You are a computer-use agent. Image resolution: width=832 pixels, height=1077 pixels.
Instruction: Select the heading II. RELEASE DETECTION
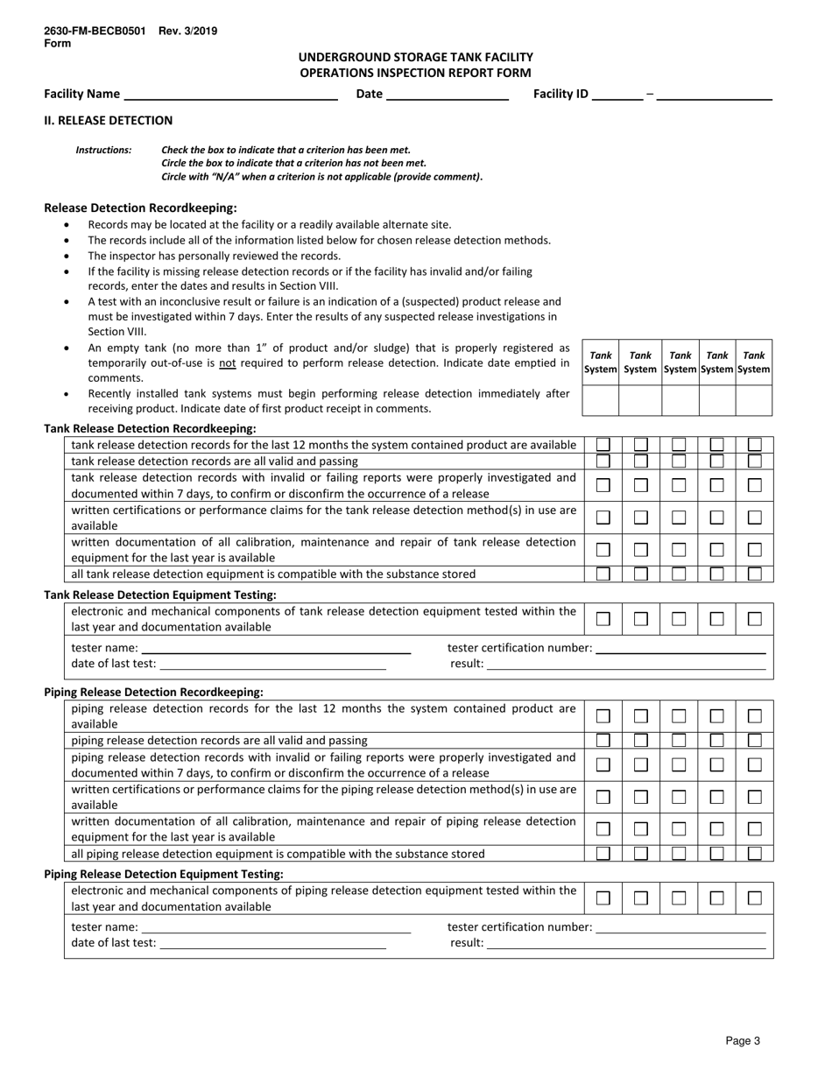[109, 121]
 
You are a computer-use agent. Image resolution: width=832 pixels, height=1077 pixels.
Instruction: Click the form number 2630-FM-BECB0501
[95, 31]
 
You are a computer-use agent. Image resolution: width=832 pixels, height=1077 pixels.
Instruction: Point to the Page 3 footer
[743, 1041]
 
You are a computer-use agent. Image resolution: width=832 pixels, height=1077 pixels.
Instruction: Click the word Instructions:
[103, 151]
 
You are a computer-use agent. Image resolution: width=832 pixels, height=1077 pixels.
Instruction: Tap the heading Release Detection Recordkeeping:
[140, 208]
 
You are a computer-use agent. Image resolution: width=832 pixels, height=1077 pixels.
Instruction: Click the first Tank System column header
[601, 363]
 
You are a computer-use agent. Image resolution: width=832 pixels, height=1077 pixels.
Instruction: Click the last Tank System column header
[754, 363]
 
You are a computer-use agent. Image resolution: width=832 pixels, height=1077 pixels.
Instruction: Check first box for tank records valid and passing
[603, 461]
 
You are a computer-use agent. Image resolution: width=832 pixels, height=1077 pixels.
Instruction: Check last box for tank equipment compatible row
[754, 574]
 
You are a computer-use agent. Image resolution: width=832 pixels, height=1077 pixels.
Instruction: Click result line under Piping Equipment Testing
[626, 944]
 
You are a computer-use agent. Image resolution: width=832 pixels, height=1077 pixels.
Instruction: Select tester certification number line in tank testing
[680, 649]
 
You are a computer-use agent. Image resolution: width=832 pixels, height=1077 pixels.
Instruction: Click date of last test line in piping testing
[272, 944]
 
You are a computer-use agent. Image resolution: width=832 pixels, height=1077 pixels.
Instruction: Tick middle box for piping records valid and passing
[679, 741]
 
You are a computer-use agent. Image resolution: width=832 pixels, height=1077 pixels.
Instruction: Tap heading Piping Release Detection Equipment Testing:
[164, 874]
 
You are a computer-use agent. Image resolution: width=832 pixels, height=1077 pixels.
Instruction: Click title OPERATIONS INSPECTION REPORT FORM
[415, 73]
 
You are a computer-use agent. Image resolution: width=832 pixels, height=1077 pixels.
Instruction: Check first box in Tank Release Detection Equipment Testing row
[603, 619]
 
